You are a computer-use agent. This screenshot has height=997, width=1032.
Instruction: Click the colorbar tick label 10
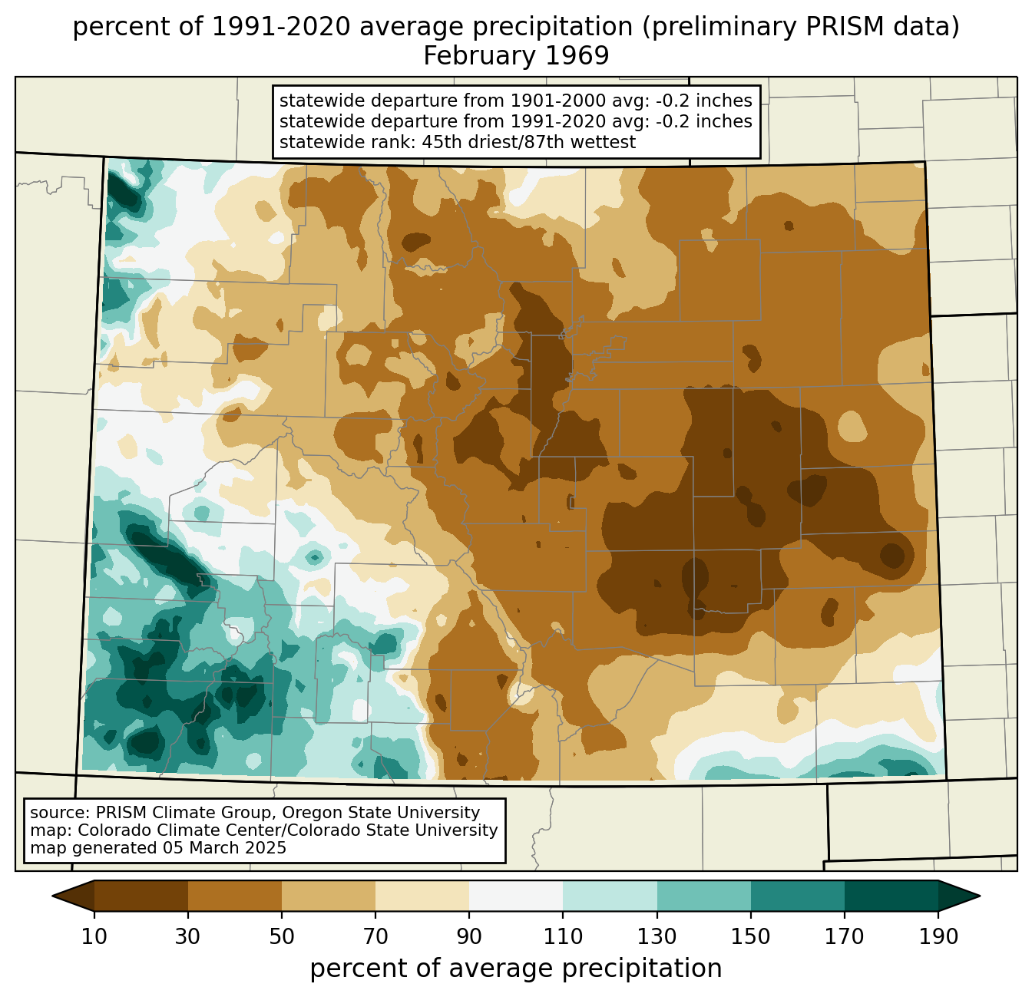pyautogui.click(x=94, y=936)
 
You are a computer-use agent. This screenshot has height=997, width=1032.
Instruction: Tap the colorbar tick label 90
pyautogui.click(x=469, y=936)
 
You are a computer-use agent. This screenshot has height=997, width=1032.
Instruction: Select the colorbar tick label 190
pyautogui.click(x=938, y=936)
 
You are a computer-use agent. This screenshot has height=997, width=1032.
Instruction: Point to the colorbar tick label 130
pyautogui.click(x=657, y=936)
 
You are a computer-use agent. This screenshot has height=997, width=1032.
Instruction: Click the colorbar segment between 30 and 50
pyautogui.click(x=234, y=896)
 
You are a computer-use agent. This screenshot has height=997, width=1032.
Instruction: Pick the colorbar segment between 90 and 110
pyautogui.click(x=516, y=896)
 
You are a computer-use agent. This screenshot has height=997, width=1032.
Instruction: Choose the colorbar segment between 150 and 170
pyautogui.click(x=798, y=896)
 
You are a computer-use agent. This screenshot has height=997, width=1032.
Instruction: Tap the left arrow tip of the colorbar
pyautogui.click(x=52, y=896)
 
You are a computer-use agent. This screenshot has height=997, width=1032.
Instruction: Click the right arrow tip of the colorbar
pyautogui.click(x=980, y=896)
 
